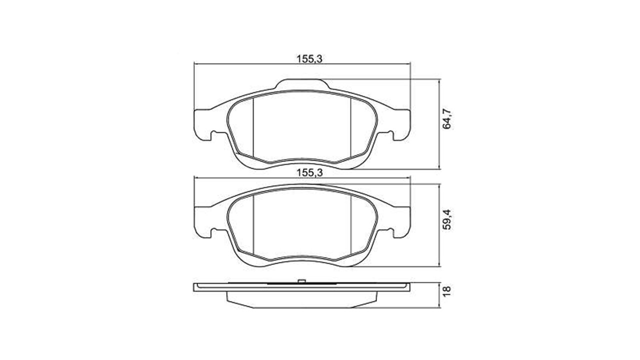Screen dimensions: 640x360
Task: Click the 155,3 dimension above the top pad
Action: tap(309, 59)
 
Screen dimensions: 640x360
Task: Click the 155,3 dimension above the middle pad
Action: tap(309, 173)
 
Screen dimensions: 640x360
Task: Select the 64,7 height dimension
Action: tap(446, 119)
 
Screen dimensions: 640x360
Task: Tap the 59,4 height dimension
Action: tap(446, 219)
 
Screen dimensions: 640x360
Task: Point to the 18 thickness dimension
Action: tap(446, 291)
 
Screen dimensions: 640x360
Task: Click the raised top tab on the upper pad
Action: tap(302, 84)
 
